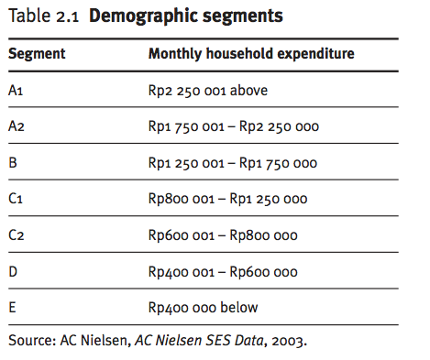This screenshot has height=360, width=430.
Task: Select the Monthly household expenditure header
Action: [251, 53]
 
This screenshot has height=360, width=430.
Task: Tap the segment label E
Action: [13, 308]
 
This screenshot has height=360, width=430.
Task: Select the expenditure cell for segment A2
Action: [234, 126]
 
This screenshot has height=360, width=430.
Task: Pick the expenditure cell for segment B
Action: [233, 163]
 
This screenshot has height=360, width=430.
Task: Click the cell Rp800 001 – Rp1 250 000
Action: [228, 199]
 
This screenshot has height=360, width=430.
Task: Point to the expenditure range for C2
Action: [223, 235]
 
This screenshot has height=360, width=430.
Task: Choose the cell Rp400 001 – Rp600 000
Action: [223, 272]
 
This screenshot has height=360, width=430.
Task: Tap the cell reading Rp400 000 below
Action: [204, 308]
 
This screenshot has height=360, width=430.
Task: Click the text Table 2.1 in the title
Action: [43, 16]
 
